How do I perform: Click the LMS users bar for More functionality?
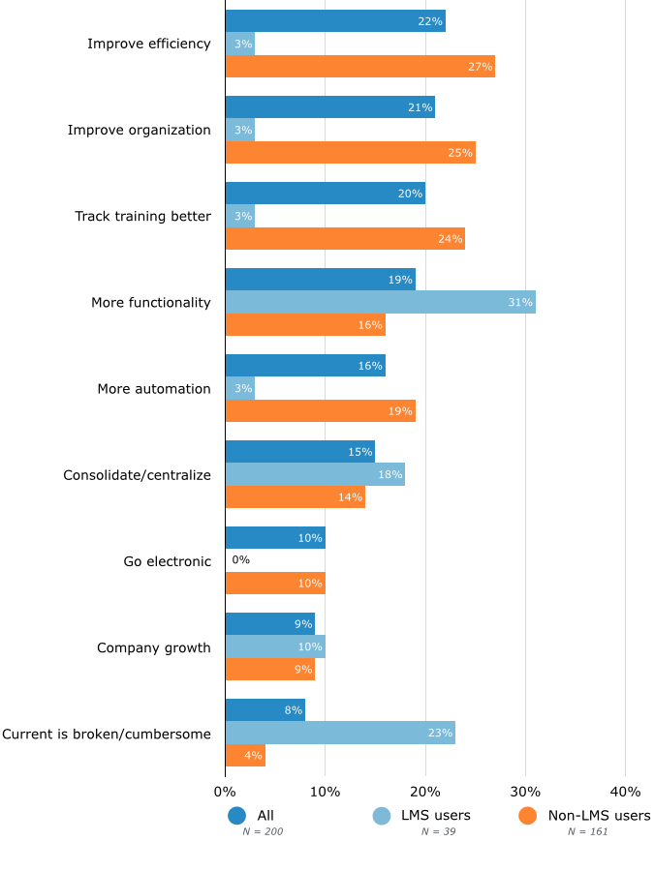click(380, 302)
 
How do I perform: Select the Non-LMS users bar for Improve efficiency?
click(359, 67)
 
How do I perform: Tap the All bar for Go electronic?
click(275, 538)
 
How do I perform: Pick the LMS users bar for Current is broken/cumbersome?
click(340, 733)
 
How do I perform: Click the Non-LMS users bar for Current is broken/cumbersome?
click(245, 756)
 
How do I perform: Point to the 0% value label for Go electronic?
click(241, 560)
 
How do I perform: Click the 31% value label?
click(520, 303)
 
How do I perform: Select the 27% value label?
click(481, 67)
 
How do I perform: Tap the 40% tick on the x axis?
click(625, 792)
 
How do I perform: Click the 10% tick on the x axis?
click(325, 792)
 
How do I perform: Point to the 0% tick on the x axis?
click(225, 792)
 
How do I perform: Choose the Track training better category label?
click(142, 216)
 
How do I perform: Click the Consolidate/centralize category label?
click(137, 474)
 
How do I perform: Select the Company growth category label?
click(153, 647)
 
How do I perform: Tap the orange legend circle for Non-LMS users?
click(528, 816)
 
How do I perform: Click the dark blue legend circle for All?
click(237, 816)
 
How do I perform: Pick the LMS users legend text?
click(435, 816)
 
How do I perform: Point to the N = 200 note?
click(263, 831)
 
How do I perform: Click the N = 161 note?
click(588, 831)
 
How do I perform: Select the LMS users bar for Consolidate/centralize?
click(315, 474)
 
